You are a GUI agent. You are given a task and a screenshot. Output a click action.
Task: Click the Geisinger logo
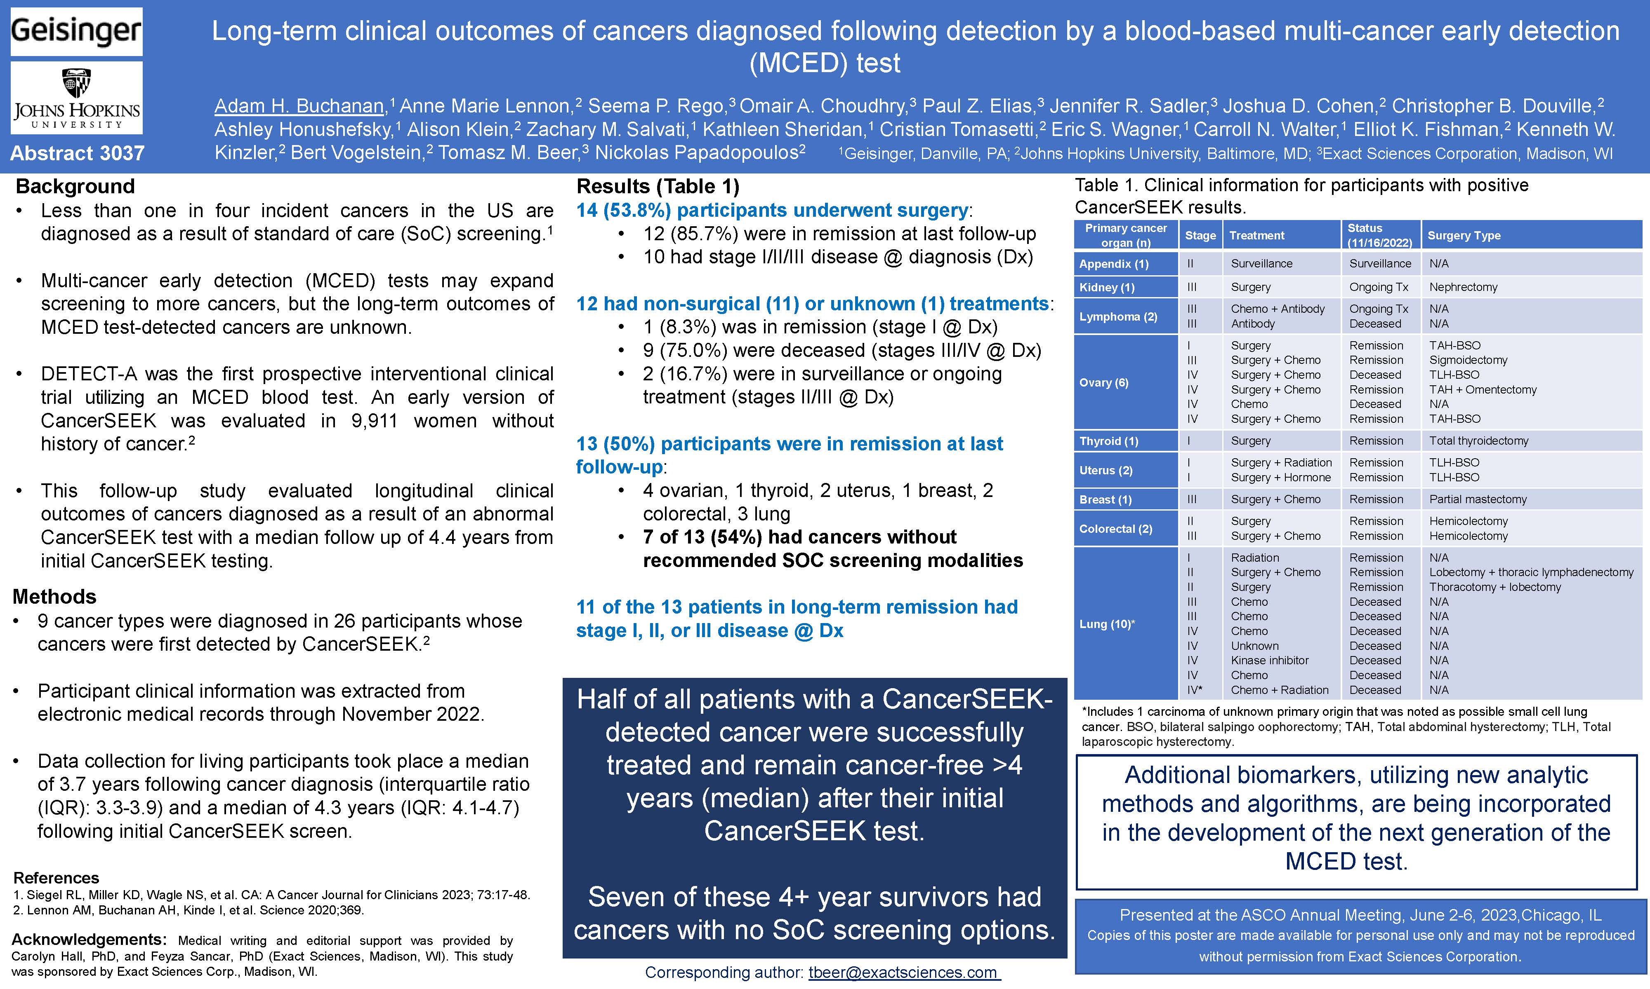click(76, 31)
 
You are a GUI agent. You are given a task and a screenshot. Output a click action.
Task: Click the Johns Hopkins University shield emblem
click(76, 83)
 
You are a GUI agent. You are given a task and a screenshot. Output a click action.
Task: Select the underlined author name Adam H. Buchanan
click(299, 106)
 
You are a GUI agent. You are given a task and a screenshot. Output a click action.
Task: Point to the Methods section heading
click(54, 596)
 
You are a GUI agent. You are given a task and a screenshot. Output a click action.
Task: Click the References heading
click(56, 878)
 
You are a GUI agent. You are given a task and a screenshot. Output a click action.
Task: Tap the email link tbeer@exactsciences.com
click(904, 973)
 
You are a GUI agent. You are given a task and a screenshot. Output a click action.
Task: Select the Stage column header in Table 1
click(1200, 235)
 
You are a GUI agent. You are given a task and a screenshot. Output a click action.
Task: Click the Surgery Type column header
click(1464, 235)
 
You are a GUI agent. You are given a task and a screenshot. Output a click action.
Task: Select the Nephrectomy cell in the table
click(1463, 287)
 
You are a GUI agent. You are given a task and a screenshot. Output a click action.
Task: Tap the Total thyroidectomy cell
click(1478, 441)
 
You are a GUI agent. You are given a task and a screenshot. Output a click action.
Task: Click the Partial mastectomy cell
click(1477, 499)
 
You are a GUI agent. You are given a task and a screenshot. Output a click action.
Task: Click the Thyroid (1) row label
click(1108, 441)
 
